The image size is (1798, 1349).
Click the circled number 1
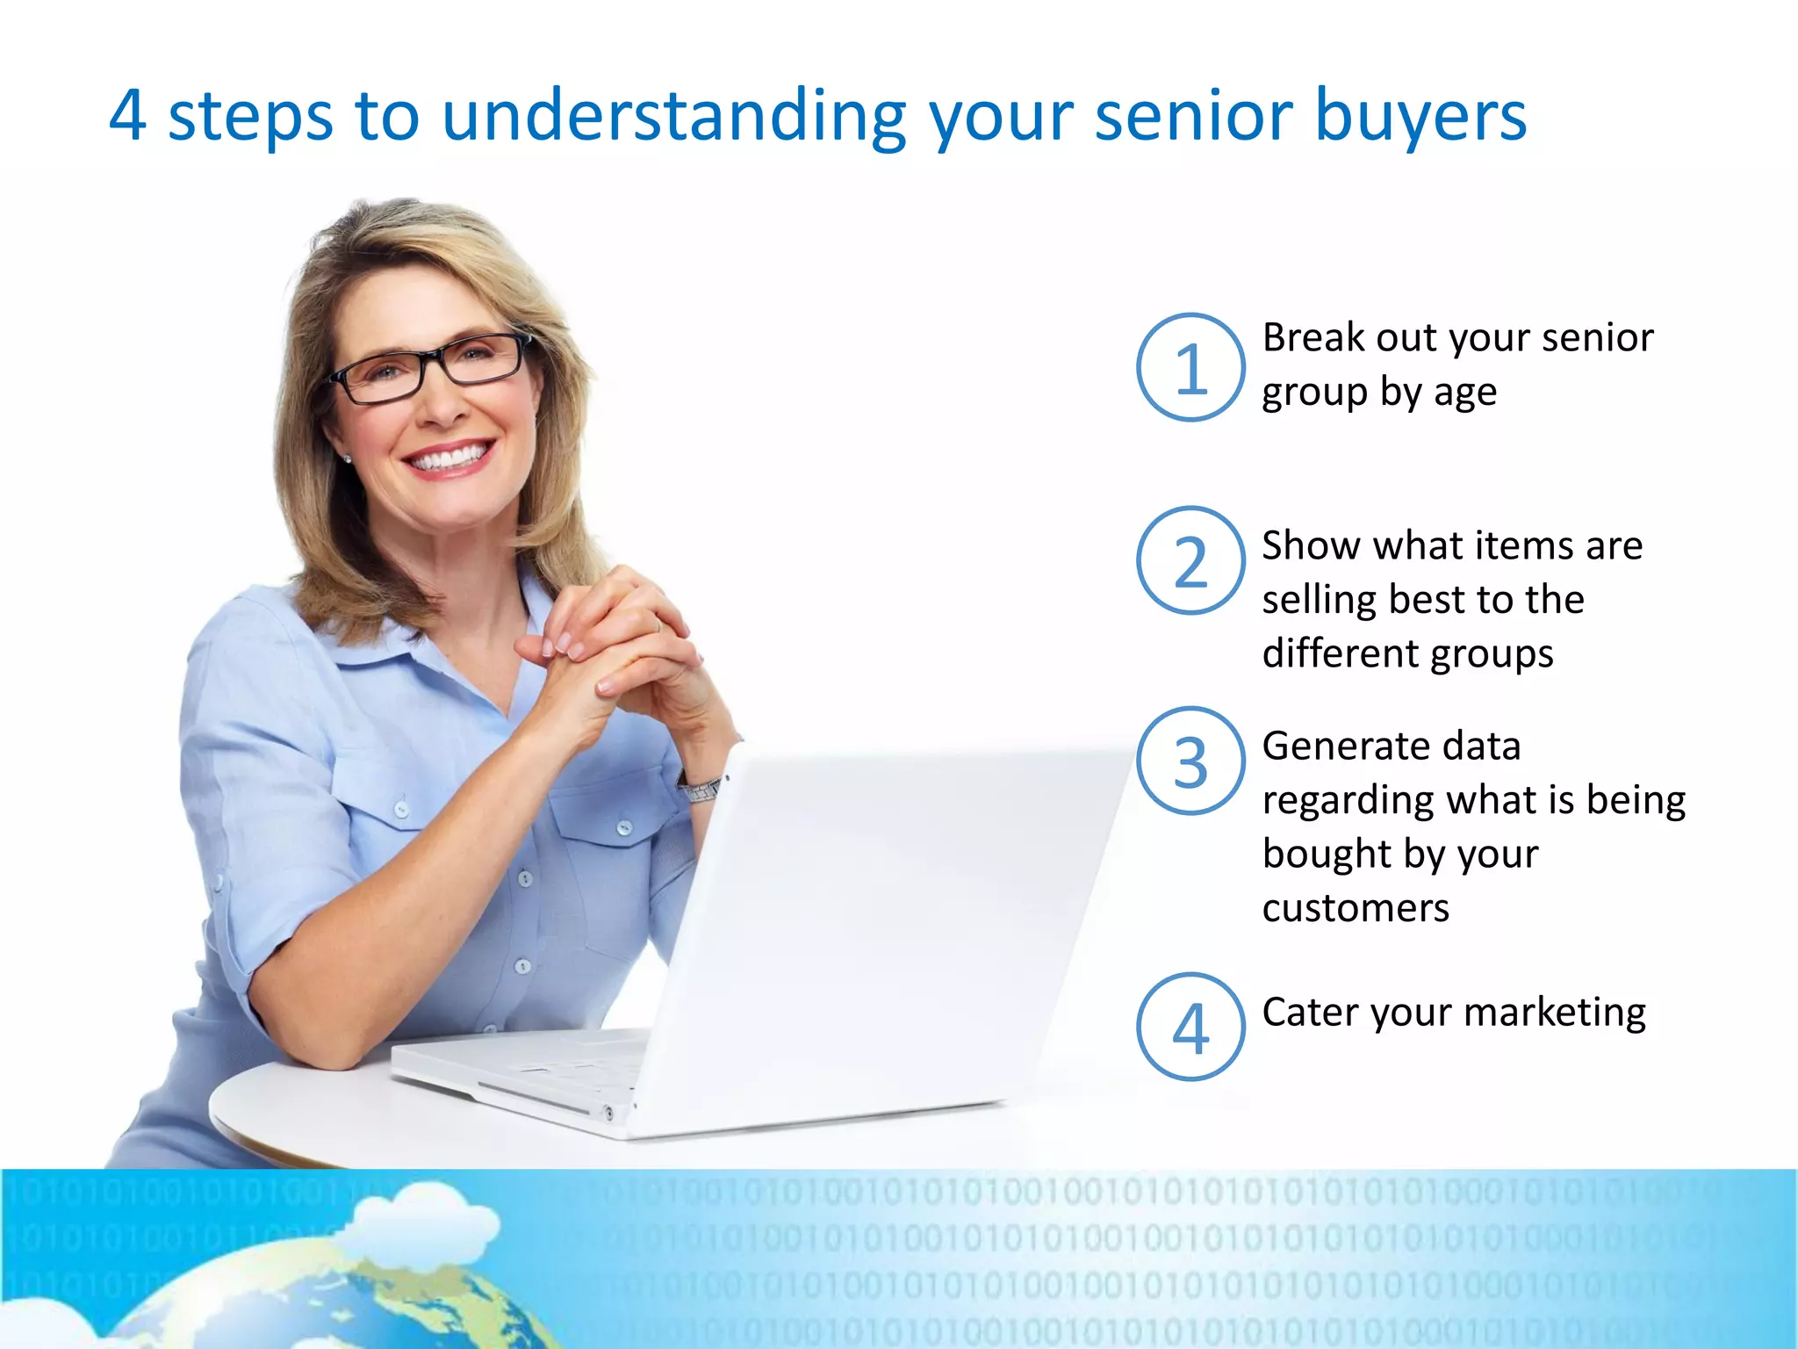point(1190,368)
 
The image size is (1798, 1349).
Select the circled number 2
point(1190,561)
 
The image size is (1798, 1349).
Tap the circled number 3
point(1190,761)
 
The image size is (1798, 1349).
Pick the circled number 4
point(1190,1027)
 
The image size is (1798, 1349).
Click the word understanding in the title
point(674,116)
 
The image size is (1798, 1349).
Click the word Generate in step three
point(1341,747)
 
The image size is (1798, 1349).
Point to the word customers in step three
point(1356,908)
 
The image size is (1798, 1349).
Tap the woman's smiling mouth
point(450,458)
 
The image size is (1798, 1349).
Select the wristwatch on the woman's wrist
point(700,789)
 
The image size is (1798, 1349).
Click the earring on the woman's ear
point(348,458)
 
